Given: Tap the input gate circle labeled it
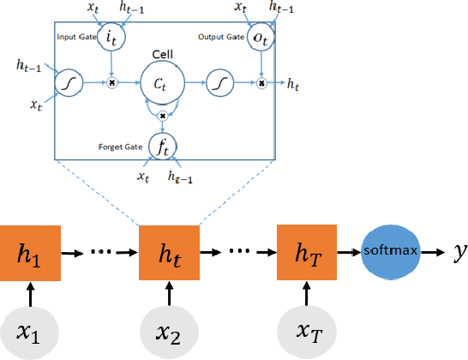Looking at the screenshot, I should (111, 39).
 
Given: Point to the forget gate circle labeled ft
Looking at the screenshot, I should (163, 146).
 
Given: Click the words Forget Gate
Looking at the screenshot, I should (120, 146).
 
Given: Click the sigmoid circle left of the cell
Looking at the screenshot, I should (68, 84).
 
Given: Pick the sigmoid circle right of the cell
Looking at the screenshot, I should (219, 84).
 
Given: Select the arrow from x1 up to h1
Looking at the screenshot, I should (30, 294).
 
